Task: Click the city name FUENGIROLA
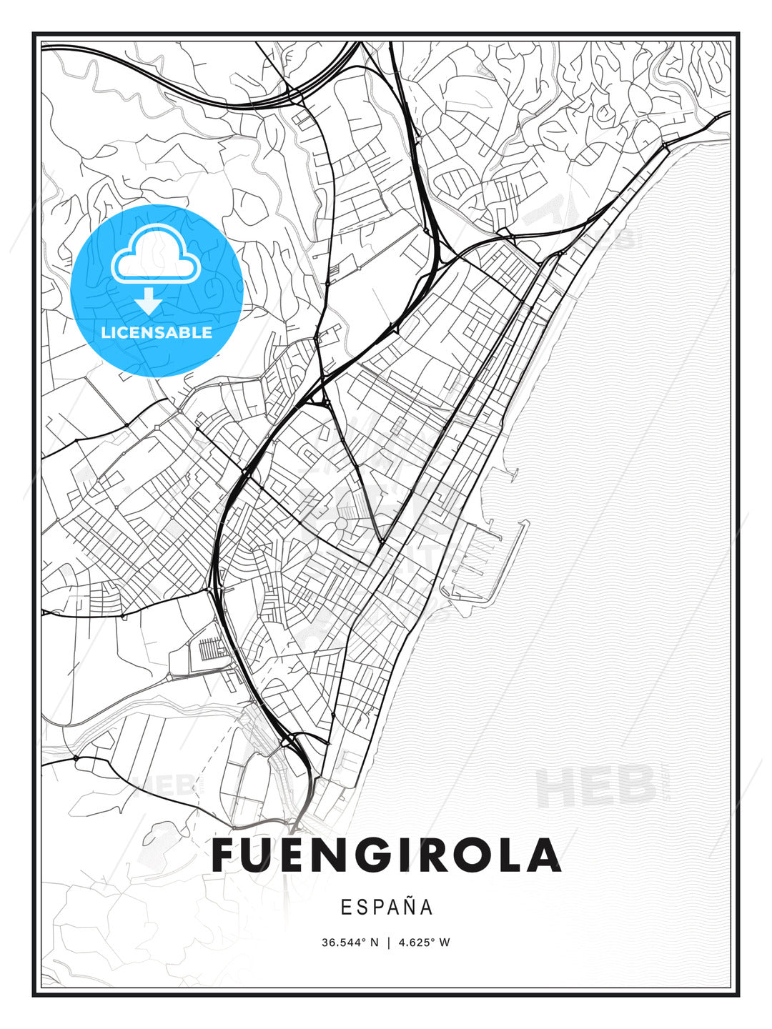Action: tap(386, 855)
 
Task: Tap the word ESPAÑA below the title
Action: tap(387, 908)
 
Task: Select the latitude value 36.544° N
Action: tap(350, 943)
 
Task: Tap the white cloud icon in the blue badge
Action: tap(157, 254)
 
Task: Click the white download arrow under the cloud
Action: tap(149, 301)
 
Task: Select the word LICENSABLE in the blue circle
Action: tap(157, 332)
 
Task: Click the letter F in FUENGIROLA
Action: tap(225, 855)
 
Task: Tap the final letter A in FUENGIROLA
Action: tap(543, 855)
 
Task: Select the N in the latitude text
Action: tap(374, 943)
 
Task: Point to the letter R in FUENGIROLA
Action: tap(435, 855)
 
